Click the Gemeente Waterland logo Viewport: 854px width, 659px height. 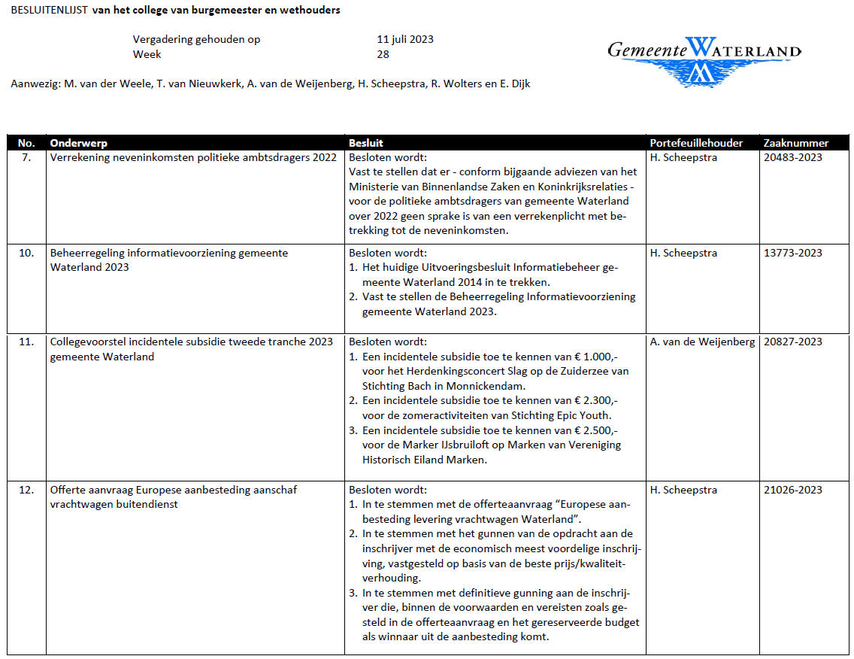[704, 59]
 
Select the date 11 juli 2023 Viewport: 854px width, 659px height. [405, 39]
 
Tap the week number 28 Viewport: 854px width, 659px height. [383, 54]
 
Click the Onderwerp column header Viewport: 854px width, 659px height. [79, 143]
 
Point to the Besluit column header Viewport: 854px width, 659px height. [366, 143]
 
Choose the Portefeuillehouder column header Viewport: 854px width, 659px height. [696, 143]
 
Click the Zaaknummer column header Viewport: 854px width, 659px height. [795, 143]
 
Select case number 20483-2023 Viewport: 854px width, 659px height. [792, 157]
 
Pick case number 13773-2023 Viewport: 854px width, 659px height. [792, 253]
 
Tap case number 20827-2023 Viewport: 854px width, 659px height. [792, 342]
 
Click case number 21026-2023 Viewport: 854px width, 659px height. [792, 490]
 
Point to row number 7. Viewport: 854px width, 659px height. [27, 157]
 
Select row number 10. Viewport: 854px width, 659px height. [26, 253]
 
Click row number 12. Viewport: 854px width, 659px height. [26, 490]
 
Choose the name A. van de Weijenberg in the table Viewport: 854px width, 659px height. [702, 342]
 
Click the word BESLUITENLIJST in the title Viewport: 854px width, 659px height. [48, 11]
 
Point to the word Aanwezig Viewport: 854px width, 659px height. [35, 84]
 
